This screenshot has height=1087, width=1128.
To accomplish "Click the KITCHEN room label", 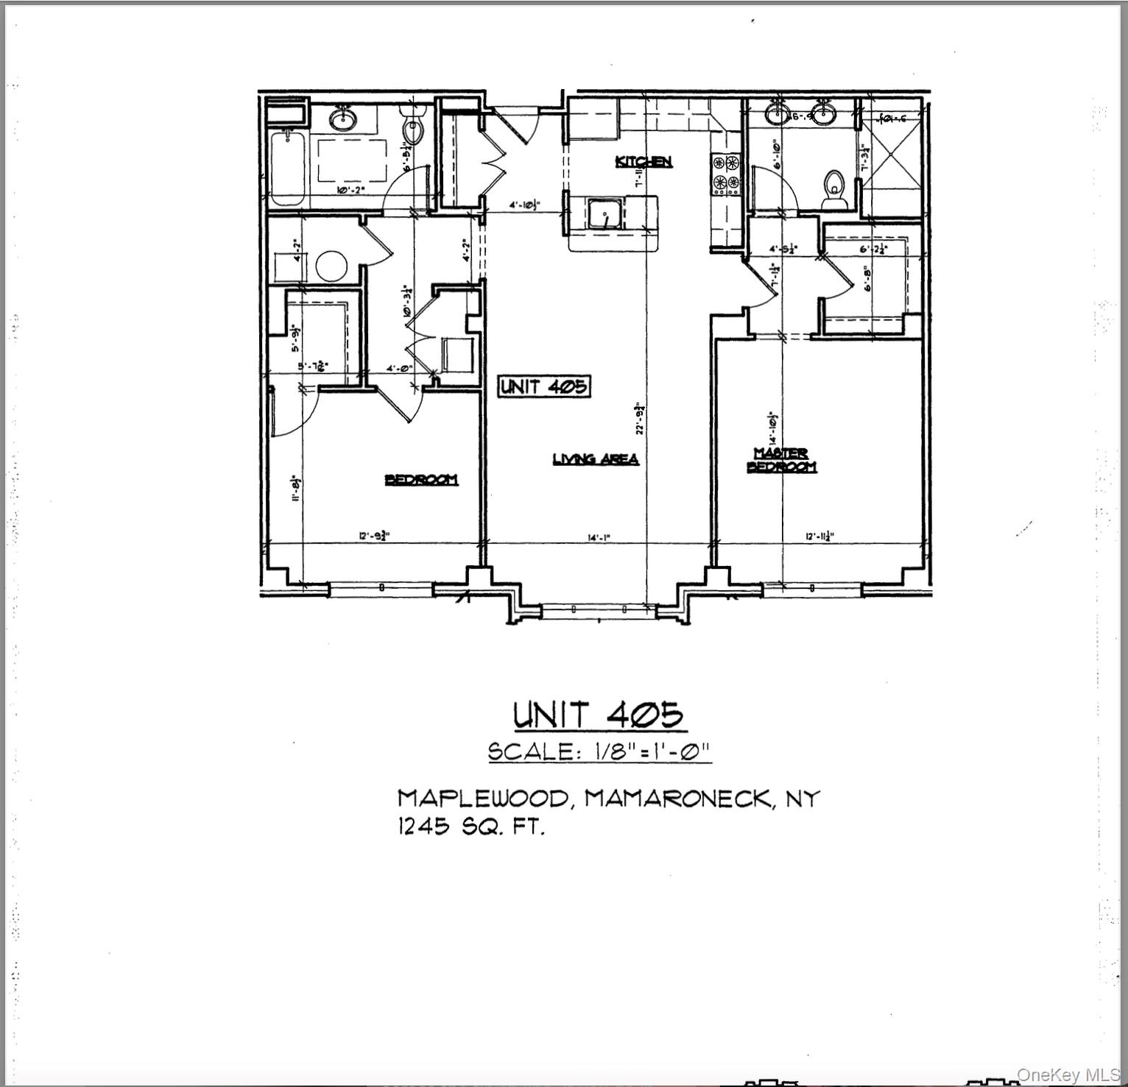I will click(x=644, y=161).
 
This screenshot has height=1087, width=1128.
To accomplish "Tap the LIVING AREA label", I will click(x=596, y=459).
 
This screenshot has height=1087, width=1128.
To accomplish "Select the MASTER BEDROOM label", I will click(x=781, y=460).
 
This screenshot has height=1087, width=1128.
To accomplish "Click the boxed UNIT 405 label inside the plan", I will click(x=544, y=386).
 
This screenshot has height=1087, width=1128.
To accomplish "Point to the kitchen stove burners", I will click(x=725, y=172).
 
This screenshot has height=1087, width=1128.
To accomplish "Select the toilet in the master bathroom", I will click(x=835, y=184).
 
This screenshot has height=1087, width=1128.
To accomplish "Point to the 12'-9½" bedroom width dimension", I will click(x=374, y=537).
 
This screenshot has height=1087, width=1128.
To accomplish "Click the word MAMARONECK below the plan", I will click(x=680, y=799).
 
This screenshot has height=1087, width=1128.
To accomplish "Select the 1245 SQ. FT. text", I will click(x=471, y=827).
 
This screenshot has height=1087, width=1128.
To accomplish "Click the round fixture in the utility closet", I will click(x=332, y=266).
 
